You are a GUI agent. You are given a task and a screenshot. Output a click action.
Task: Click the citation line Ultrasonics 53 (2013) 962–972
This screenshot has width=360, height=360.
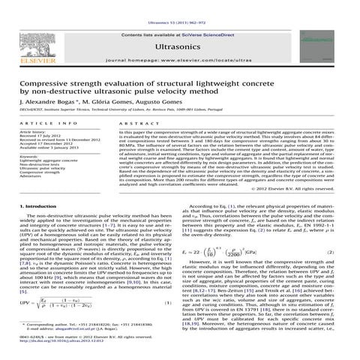click(x=180, y=4)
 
